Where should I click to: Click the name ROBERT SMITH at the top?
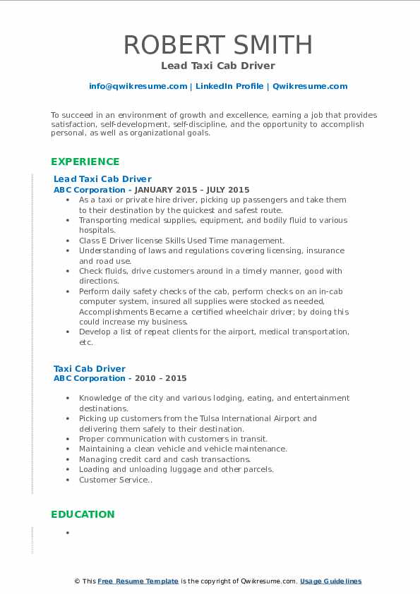[218, 44]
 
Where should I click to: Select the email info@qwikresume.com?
[138, 86]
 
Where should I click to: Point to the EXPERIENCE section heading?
[85, 162]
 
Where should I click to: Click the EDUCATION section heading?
[82, 514]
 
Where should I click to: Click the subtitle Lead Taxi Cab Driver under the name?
[217, 66]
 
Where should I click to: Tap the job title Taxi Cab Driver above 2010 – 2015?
[90, 368]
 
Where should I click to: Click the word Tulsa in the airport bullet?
[200, 418]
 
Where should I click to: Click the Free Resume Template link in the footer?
[138, 581]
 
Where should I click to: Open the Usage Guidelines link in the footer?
[330, 581]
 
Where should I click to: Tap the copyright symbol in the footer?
[78, 581]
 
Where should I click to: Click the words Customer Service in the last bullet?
[104, 480]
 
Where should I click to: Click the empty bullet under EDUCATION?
[68, 533]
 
